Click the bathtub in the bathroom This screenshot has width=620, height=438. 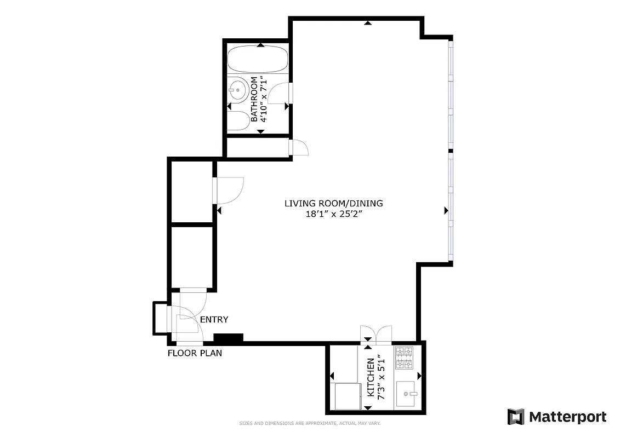[258, 60]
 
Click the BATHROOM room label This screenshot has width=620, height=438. [254, 100]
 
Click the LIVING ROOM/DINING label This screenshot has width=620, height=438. [333, 204]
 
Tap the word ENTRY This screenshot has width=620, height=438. [214, 320]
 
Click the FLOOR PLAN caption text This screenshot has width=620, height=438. [195, 353]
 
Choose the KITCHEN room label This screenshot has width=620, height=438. [371, 378]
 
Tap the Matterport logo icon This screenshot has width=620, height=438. [516, 417]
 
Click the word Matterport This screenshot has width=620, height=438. [567, 417]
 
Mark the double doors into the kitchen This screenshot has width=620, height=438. [376, 334]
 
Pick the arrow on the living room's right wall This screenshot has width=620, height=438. [446, 210]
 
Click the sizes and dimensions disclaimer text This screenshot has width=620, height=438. [310, 423]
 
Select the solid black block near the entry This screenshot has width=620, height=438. [228, 339]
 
